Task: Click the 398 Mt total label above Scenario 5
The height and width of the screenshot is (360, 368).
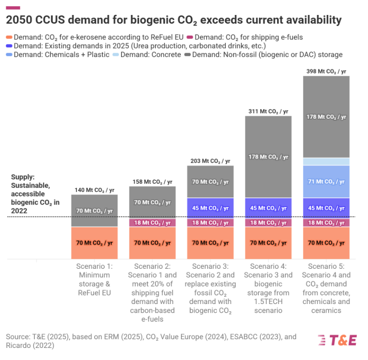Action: (326, 71)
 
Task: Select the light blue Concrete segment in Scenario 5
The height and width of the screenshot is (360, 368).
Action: (326, 161)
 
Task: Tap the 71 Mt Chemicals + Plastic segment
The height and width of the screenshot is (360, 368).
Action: (326, 181)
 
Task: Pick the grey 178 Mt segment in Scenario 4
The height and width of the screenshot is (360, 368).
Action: (268, 157)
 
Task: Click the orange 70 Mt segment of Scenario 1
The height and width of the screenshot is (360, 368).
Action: (94, 243)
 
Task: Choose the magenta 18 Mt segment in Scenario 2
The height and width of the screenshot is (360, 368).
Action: (152, 222)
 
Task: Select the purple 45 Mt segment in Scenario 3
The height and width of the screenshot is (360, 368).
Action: (210, 208)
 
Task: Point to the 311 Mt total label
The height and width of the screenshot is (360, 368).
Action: (268, 111)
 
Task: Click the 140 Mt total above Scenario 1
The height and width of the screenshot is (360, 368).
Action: (94, 190)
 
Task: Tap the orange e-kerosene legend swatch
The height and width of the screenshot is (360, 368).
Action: (9, 37)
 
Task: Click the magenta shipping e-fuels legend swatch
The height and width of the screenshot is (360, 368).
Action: (190, 37)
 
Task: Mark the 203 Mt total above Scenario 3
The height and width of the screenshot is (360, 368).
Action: (210, 161)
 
